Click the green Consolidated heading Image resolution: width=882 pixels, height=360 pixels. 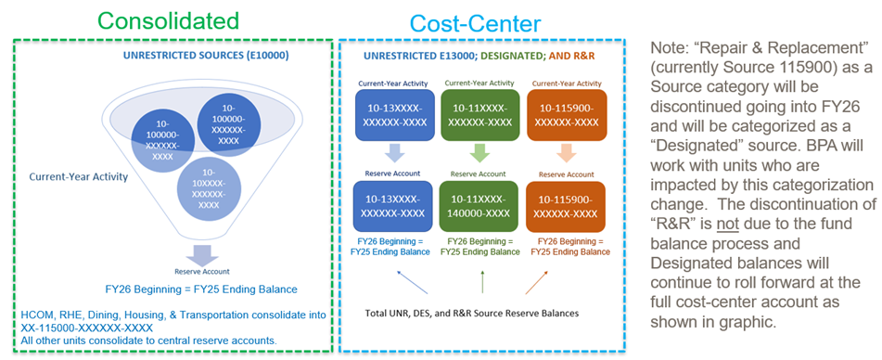168,21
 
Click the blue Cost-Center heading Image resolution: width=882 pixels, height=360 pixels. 475,23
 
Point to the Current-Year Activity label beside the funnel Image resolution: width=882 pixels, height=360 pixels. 79,177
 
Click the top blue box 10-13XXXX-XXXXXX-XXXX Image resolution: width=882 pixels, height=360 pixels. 393,115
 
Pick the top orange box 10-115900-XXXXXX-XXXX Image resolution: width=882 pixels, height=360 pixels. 566,115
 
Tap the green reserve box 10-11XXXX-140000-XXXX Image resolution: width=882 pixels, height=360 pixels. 479,206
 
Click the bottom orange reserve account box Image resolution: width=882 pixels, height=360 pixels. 566,206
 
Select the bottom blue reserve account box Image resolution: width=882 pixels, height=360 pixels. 393,206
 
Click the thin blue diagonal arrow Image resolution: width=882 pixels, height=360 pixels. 412,282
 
